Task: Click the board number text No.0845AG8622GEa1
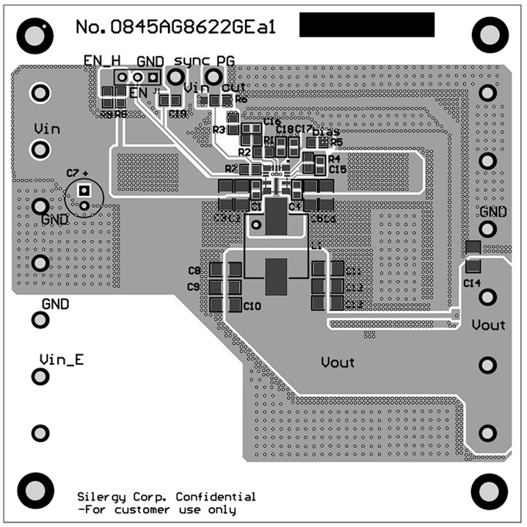pos(175,27)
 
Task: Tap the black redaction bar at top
pos(367,25)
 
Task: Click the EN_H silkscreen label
pos(102,60)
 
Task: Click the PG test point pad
pos(214,76)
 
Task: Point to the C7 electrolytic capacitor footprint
pos(84,197)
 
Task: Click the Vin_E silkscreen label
pos(62,360)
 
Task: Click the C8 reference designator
pos(194,271)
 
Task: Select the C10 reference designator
pos(252,305)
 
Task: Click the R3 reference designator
pos(218,130)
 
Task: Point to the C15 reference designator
pos(337,169)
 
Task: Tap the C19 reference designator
pos(177,114)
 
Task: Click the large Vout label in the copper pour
pos(338,362)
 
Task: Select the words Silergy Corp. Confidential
pos(167,497)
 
